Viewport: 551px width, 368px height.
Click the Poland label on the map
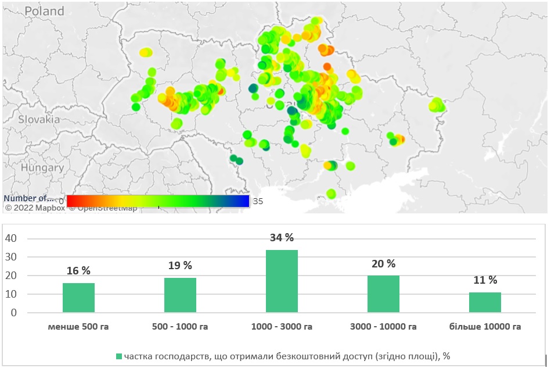click(44, 11)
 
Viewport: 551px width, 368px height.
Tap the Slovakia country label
click(39, 119)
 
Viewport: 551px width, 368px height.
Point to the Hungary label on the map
click(41, 167)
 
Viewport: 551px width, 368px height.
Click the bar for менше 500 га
click(78, 298)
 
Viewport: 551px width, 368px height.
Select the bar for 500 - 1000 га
click(180, 295)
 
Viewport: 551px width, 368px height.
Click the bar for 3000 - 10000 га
click(383, 294)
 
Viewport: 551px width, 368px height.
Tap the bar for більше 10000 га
click(485, 302)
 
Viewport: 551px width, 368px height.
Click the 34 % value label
click(282, 238)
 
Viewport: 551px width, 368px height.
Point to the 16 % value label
click(78, 271)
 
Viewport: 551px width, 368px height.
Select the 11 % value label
click(485, 280)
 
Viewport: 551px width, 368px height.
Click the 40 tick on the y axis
click(12, 238)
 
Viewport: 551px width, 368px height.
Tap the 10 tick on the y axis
click(12, 294)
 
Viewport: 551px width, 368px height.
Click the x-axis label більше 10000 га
click(485, 327)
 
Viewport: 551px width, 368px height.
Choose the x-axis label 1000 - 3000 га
click(282, 327)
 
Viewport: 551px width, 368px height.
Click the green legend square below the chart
click(120, 356)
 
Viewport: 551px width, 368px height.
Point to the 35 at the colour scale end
click(258, 201)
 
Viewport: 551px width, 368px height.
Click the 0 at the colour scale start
click(62, 201)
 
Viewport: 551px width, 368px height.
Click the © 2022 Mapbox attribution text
click(35, 208)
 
